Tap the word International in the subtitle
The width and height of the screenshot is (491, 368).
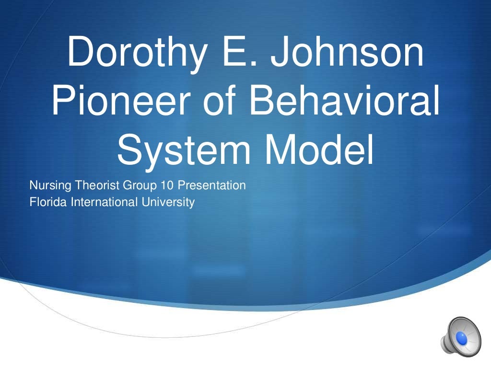pyautogui.click(x=104, y=202)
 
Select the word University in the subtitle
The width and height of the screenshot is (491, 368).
pyautogui.click(x=168, y=203)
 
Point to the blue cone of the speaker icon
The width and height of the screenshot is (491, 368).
pyautogui.click(x=461, y=338)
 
